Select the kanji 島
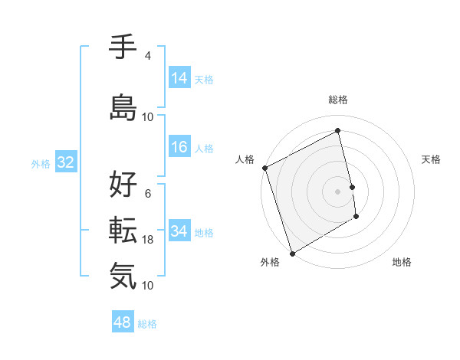tap(123, 107)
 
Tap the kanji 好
tap(123, 184)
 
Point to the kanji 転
tap(123, 229)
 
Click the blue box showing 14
tap(179, 78)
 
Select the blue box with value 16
tap(179, 147)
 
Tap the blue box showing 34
tap(179, 231)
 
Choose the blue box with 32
tap(64, 162)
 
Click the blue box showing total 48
tap(123, 322)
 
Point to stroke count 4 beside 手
tap(148, 56)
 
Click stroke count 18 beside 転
tap(148, 240)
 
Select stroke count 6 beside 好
tap(148, 193)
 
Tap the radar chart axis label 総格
tap(338, 100)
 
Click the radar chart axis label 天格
tap(432, 159)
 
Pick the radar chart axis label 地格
tap(402, 262)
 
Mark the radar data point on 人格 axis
tap(265, 168)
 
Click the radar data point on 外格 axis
tap(291, 252)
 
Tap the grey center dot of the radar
tap(338, 191)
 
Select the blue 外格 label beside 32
tap(41, 163)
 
